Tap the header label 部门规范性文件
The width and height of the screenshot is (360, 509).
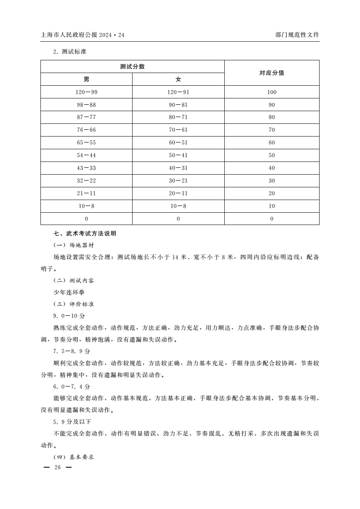pyautogui.click(x=297, y=34)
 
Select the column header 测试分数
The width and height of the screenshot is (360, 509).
pyautogui.click(x=132, y=67)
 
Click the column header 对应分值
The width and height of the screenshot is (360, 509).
pyautogui.click(x=271, y=73)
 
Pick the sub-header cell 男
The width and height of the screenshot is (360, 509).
pyautogui.click(x=86, y=79)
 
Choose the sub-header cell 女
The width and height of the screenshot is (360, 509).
pyautogui.click(x=178, y=79)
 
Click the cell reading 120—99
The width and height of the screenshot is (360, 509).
pyautogui.click(x=86, y=92)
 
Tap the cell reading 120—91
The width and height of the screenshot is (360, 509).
pyautogui.click(x=178, y=92)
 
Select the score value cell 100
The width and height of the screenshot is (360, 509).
pyautogui.click(x=271, y=92)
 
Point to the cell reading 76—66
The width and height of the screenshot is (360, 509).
pyautogui.click(x=86, y=130)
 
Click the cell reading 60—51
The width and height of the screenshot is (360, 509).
pyautogui.click(x=178, y=142)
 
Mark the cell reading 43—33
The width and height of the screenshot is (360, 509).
pyautogui.click(x=86, y=168)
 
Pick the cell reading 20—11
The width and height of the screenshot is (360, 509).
pyautogui.click(x=178, y=193)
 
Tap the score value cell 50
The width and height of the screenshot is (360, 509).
pyautogui.click(x=271, y=155)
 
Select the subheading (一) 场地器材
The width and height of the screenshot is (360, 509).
pyautogui.click(x=74, y=245)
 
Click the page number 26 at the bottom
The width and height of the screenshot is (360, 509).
pyautogui.click(x=57, y=468)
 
